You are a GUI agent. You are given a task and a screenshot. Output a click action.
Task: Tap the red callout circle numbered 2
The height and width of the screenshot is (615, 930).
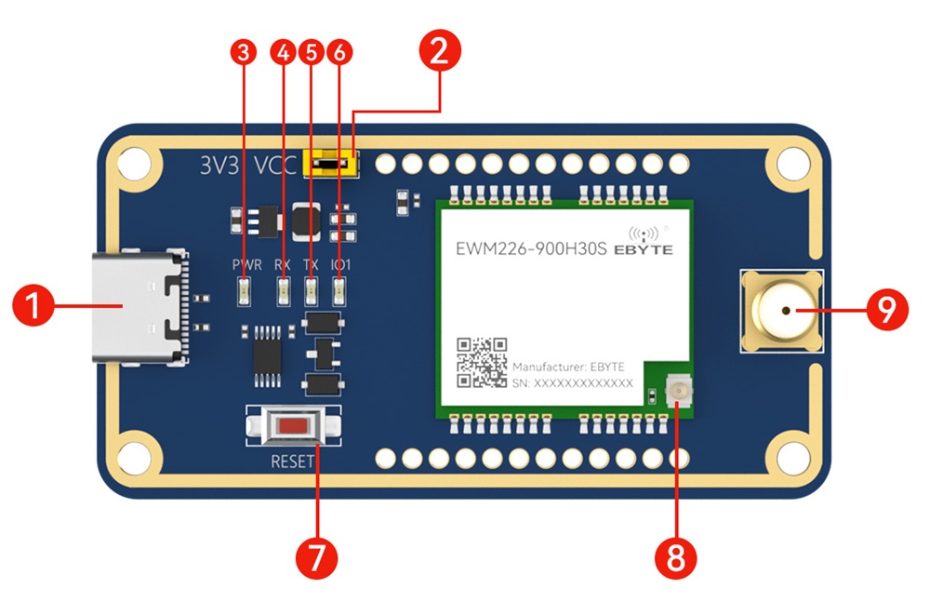point(439,51)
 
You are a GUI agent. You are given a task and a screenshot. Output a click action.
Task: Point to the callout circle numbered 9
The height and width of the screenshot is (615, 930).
point(885,310)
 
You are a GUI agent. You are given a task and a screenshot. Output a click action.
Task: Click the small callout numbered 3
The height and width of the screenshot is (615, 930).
point(244,53)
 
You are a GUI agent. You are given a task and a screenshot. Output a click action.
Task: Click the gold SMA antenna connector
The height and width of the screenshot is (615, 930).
point(781,311)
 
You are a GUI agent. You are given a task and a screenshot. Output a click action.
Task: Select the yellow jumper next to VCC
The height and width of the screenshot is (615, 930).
point(333,165)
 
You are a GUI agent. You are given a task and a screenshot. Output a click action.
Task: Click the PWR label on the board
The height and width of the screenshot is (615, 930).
point(246,265)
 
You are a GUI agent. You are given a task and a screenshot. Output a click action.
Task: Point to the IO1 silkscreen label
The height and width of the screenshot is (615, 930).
point(340,265)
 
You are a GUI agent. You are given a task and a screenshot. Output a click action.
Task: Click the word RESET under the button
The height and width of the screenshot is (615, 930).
point(292,461)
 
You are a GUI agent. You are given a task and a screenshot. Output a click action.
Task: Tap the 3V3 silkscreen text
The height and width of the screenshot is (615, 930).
point(220,166)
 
